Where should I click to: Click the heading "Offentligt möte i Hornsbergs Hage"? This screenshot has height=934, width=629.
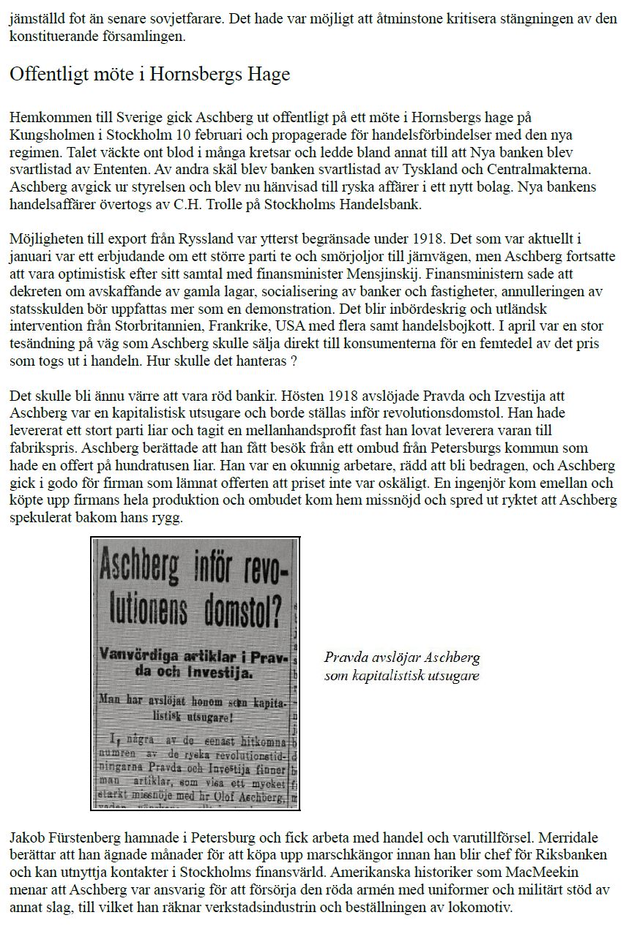click(x=149, y=74)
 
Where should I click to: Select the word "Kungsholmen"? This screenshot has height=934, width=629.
click(x=44, y=136)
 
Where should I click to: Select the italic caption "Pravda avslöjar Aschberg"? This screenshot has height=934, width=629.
click(x=402, y=657)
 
